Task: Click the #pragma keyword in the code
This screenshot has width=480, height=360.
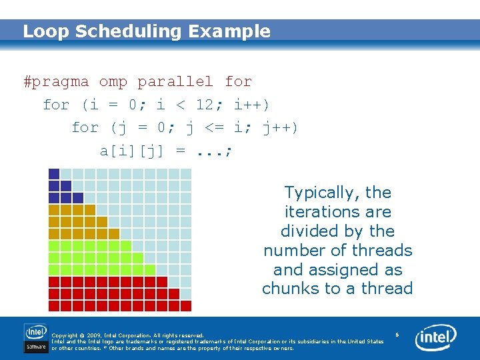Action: (56, 82)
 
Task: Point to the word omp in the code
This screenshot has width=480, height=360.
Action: (113, 82)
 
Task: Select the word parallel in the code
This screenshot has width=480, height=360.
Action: (175, 82)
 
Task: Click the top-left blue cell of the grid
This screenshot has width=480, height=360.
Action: (54, 174)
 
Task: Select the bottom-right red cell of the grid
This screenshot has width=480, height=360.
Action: (185, 305)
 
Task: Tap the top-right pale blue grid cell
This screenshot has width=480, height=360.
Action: (185, 174)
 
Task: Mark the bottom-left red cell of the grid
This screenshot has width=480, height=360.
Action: (54, 305)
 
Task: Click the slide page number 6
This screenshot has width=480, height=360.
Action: (397, 334)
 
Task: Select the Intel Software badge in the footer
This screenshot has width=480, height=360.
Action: (36, 338)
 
